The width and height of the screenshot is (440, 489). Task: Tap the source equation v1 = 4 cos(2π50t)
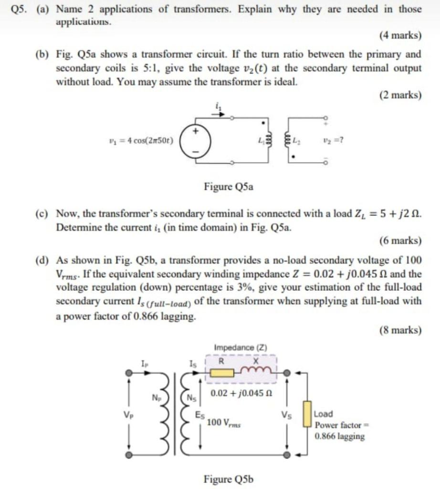141,141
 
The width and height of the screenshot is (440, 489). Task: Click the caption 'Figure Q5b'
229,478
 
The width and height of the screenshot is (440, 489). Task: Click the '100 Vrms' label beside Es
224,423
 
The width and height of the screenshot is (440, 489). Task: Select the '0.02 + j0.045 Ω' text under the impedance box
235,394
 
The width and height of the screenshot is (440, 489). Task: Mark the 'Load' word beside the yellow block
324,414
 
